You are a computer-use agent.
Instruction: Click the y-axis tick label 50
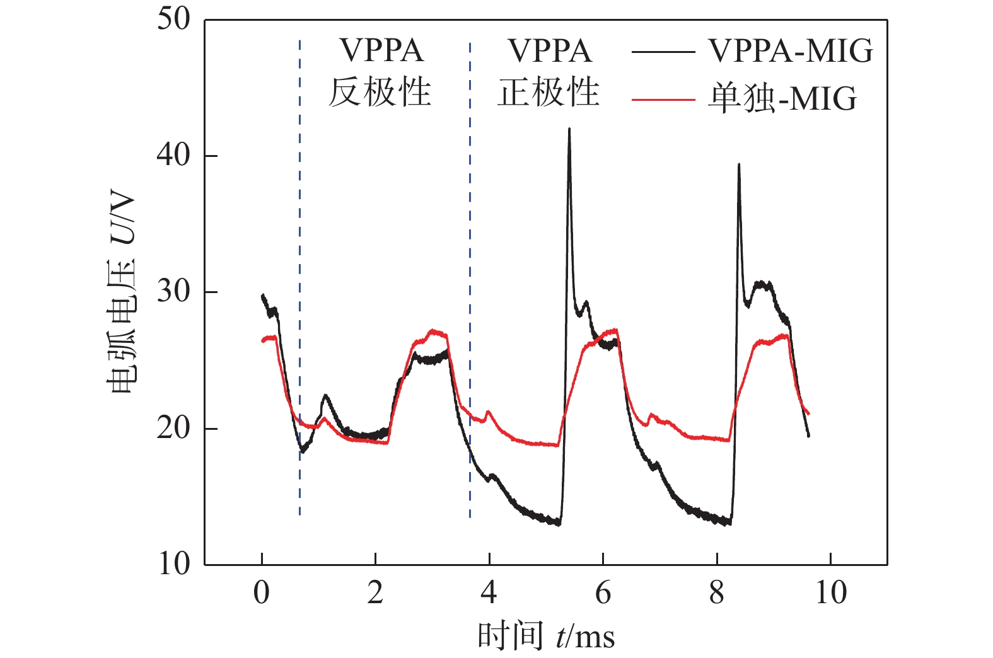pos(173,19)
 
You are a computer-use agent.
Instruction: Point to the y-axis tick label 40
pos(173,155)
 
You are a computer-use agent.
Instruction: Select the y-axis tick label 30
pos(173,292)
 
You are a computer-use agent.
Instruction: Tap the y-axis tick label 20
pos(173,429)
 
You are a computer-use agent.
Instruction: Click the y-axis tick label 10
pos(173,563)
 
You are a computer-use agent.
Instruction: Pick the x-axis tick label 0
pos(262,592)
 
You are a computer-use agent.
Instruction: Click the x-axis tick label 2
pos(375,592)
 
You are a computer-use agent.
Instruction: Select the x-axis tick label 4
pos(489,592)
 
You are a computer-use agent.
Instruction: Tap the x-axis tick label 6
pos(603,592)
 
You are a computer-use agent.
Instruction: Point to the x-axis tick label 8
pos(717,592)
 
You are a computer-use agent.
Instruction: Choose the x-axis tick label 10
pos(830,592)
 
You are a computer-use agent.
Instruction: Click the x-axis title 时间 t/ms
pos(546,635)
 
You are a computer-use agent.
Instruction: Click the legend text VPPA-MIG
pos(791,50)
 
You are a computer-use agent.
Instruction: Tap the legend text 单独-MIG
pos(782,99)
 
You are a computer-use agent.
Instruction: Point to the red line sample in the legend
pos(663,100)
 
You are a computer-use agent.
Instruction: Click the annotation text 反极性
pos(380,92)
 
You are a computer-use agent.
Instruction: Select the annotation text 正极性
pos(549,92)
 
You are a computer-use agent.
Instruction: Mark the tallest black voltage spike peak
pos(569,129)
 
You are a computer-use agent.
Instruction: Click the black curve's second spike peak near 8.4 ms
pos(739,164)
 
